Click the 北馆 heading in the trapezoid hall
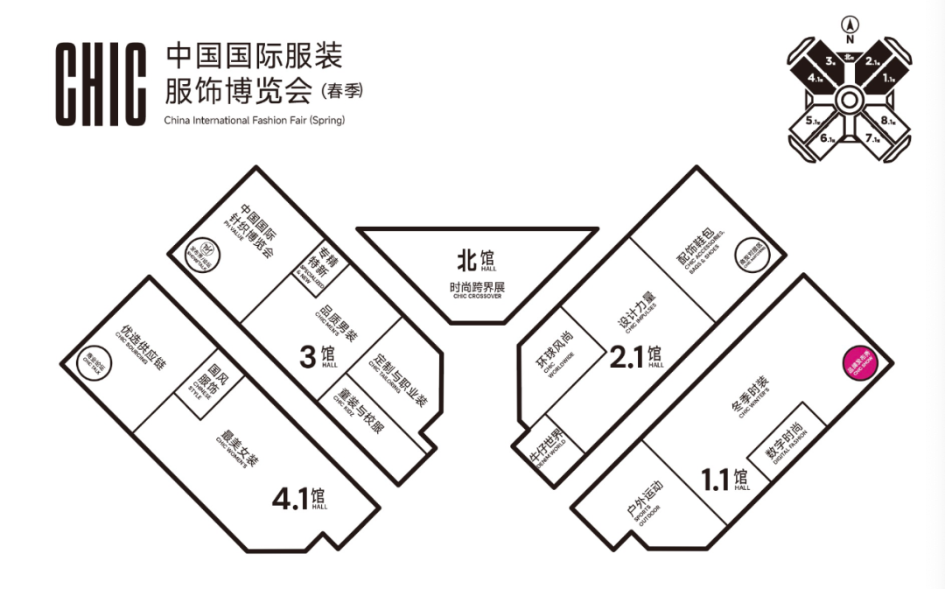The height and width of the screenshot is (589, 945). point(476,259)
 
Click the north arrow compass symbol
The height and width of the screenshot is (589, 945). point(849,25)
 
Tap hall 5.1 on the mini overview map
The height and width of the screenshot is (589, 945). point(811,122)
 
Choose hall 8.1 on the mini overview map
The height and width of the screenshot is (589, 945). point(886,122)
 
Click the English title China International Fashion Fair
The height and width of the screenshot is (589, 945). point(254,120)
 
